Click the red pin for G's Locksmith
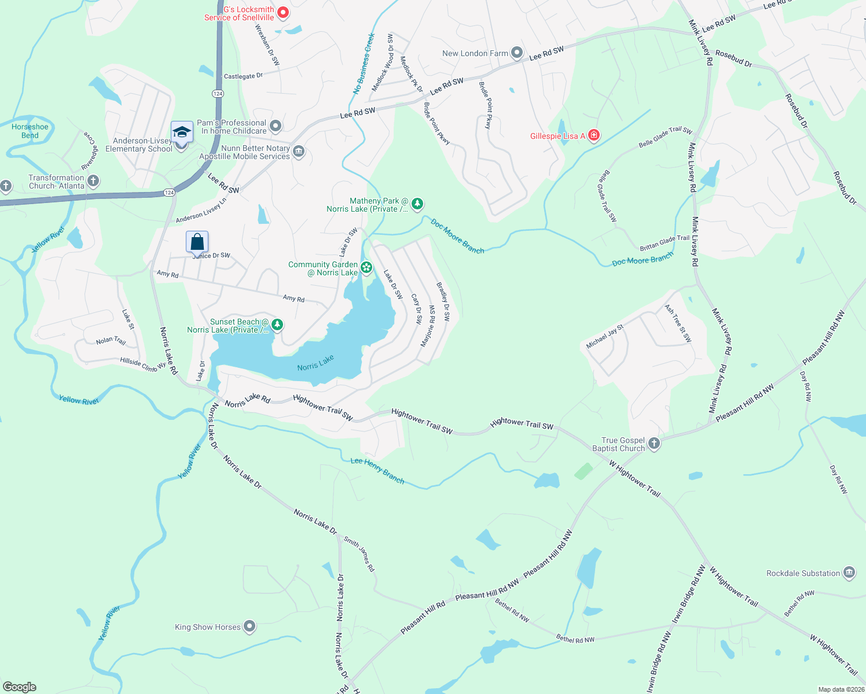pyautogui.click(x=283, y=12)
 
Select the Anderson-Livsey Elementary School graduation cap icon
pyautogui.click(x=182, y=133)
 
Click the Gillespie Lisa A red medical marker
pyautogui.click(x=593, y=136)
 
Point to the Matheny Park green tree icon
pyautogui.click(x=417, y=204)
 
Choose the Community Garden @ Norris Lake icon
pyautogui.click(x=366, y=267)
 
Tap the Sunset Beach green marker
pyautogui.click(x=277, y=325)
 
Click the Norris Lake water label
pyautogui.click(x=315, y=363)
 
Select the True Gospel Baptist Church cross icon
pyautogui.click(x=654, y=444)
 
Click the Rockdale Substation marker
pyautogui.click(x=849, y=573)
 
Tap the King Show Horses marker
pyautogui.click(x=249, y=626)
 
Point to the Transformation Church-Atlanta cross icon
pyautogui.click(x=93, y=181)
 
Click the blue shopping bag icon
pyautogui.click(x=197, y=242)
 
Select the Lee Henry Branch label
pyautogui.click(x=377, y=470)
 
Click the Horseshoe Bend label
pyautogui.click(x=30, y=131)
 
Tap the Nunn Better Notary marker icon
pyautogui.click(x=299, y=152)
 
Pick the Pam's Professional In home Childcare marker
pyautogui.click(x=276, y=126)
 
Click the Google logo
pyautogui.click(x=20, y=686)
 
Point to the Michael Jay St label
pyautogui.click(x=605, y=337)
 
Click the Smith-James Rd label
pyautogui.click(x=359, y=554)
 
